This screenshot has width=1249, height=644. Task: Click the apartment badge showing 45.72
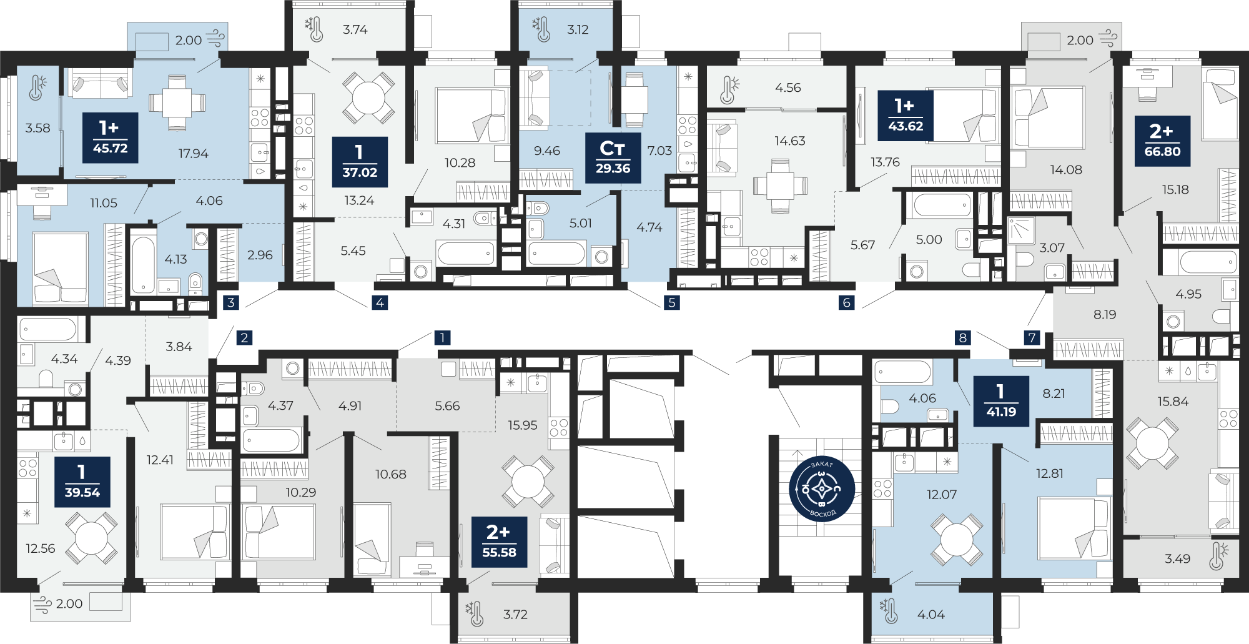110,137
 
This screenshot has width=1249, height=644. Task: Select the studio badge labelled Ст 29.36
613,158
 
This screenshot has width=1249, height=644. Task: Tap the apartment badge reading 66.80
1162,141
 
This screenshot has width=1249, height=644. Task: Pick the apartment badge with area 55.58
499,542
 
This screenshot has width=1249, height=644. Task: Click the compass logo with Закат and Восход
822,489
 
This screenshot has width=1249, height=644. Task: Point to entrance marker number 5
672,302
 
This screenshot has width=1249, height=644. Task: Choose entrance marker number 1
442,337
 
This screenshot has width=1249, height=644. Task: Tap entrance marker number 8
963,337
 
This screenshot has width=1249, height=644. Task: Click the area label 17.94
193,154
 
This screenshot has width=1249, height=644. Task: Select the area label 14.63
790,141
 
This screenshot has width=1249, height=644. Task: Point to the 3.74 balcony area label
355,29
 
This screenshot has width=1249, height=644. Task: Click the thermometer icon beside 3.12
541,29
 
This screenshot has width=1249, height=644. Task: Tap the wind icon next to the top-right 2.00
1108,38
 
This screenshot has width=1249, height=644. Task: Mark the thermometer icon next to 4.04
889,612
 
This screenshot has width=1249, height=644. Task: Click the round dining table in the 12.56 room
92,538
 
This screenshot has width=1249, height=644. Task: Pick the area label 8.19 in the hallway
1105,314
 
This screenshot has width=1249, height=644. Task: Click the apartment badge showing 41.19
1001,401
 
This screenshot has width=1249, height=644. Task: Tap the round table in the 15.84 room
1152,443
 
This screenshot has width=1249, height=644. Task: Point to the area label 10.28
460,163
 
